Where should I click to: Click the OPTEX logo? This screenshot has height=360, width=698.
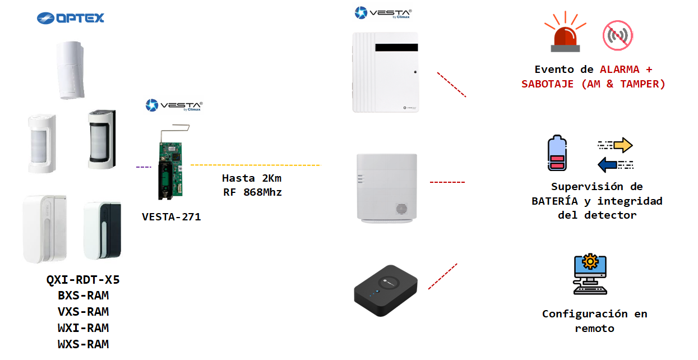coord(71,18)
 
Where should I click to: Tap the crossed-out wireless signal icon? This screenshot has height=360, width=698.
coord(617,36)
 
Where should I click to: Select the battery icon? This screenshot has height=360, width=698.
coord(557,153)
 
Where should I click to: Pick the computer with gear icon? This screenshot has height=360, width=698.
coord(590,274)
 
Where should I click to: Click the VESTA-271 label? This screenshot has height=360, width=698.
coord(171,216)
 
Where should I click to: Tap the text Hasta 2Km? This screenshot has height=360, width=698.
coord(252,178)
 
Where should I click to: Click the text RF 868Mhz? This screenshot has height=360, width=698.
coord(252,192)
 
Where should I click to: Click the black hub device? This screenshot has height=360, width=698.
coord(386,290)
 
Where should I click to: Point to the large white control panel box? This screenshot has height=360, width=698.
coord(385,72)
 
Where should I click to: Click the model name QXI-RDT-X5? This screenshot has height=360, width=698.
coord(83,279)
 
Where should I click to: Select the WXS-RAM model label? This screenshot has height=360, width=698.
coord(83,344)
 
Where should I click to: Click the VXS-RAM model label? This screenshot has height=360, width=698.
coord(83,312)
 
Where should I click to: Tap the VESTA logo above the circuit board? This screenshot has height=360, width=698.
coord(174,105)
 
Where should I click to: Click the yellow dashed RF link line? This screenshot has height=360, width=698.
coord(256,165)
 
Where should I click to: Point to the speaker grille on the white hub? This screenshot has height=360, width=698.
coord(401,209)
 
